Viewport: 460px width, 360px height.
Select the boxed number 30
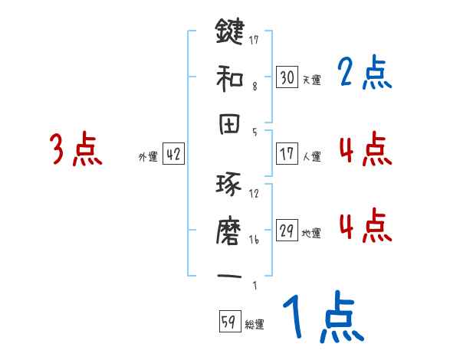point(287,77)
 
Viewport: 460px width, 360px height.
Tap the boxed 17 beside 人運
point(287,154)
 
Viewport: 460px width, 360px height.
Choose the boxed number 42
point(173,155)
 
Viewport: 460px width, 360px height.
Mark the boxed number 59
point(228,322)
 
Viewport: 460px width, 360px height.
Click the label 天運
point(311,80)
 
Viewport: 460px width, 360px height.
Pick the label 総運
point(254,325)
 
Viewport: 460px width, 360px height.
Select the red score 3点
point(76,150)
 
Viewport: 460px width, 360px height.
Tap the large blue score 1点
point(322,319)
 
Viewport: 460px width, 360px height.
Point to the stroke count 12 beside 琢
point(255,194)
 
